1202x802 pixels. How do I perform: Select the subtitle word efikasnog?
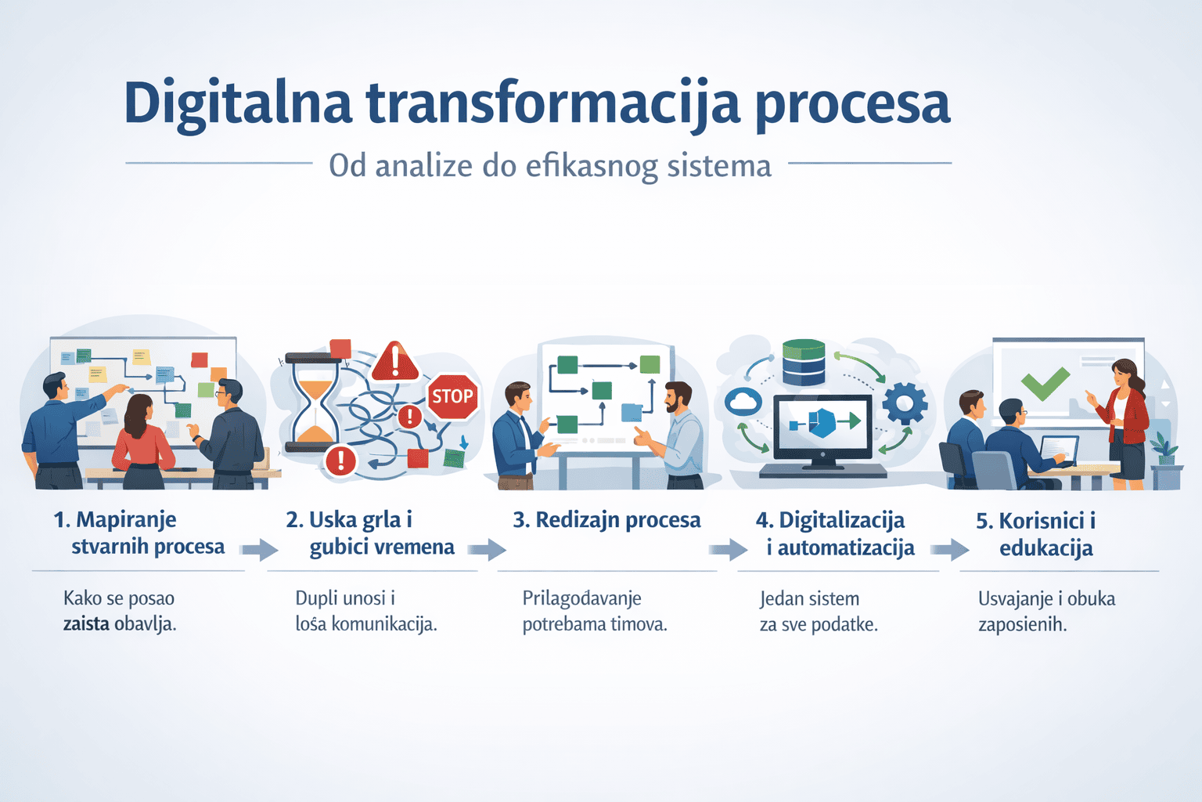pos(592,167)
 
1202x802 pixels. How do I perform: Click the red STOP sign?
pos(452,396)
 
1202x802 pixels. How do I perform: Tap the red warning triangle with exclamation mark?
pos(395,362)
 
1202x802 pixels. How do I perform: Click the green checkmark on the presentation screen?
pos(1045,384)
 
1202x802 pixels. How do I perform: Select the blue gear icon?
pos(905,403)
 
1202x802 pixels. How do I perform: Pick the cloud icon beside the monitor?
pos(743,401)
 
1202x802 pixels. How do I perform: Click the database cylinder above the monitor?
pos(804,362)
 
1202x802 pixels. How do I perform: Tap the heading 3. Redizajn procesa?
pos(607,520)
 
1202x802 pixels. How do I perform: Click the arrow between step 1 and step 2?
pos(260,549)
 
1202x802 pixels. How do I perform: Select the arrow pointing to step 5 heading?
pos(950,549)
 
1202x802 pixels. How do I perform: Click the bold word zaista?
pos(86,624)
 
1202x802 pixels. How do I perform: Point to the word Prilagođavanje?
pos(581,598)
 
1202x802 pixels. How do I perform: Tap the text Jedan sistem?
pos(809,599)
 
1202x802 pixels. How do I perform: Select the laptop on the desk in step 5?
pos(1059,450)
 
